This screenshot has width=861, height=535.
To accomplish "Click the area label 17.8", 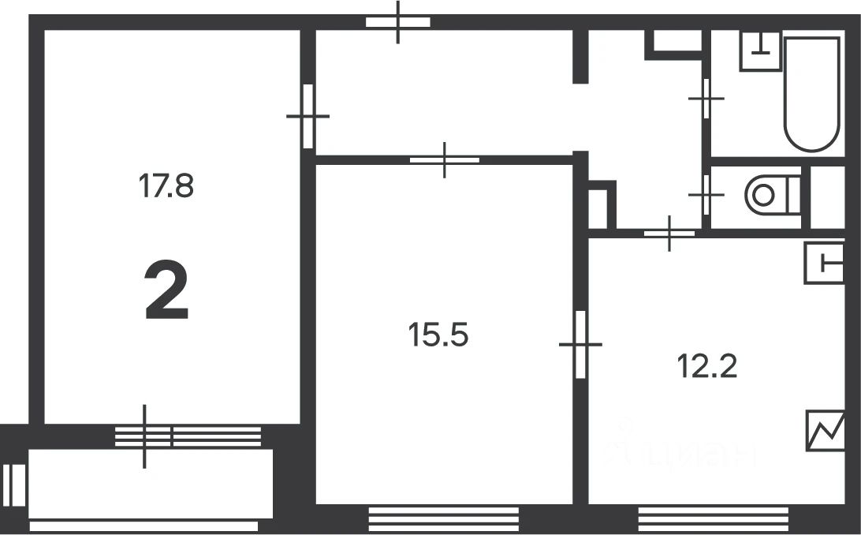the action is [166, 187].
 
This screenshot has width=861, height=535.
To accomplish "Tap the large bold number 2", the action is [166, 292].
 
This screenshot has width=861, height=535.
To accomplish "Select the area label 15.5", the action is [438, 336].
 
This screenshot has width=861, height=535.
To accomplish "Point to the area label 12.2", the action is [707, 365].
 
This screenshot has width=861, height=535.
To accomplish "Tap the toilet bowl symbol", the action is [768, 194].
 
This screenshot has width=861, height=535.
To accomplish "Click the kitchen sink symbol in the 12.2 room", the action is [824, 262].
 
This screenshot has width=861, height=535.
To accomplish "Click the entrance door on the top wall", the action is [398, 22].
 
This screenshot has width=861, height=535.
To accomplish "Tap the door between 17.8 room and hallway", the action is [308, 116].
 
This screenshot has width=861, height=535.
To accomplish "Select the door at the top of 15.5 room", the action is [445, 159].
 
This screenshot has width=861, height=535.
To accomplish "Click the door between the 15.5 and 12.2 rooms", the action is [581, 344].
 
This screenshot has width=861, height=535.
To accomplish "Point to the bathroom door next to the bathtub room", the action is [706, 98].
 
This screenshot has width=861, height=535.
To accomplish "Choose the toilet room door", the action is [706, 194].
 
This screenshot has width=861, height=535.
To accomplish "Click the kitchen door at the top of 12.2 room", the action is [669, 233].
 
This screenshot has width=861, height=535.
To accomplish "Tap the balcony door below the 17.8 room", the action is [144, 436].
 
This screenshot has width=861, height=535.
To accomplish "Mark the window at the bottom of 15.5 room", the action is [444, 520].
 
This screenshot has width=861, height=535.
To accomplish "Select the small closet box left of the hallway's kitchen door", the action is [600, 207].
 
